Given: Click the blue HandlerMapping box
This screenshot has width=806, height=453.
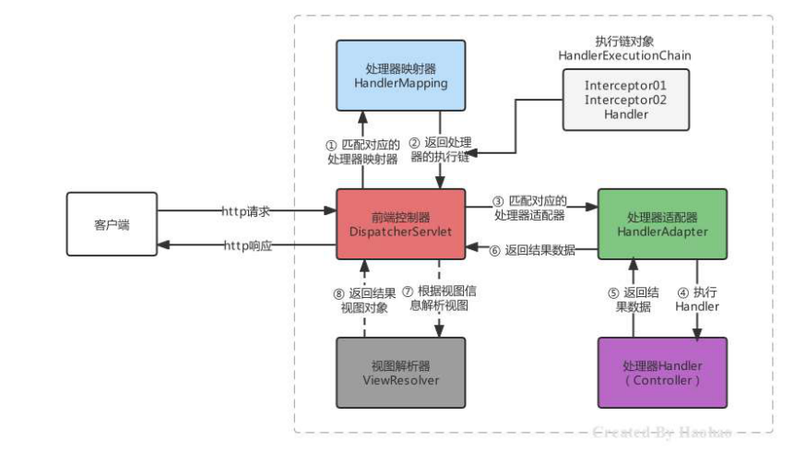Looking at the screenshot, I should tap(400, 75).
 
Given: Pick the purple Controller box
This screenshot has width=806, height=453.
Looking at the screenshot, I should tap(662, 372).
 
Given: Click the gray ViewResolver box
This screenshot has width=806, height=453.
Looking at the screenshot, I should tap(400, 372).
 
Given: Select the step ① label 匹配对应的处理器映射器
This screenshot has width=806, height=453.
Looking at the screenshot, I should tap(362, 151).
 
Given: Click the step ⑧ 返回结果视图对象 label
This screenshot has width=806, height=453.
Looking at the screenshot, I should tap(362, 301).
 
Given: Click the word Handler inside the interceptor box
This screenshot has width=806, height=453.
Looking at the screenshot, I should tap(624, 113).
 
